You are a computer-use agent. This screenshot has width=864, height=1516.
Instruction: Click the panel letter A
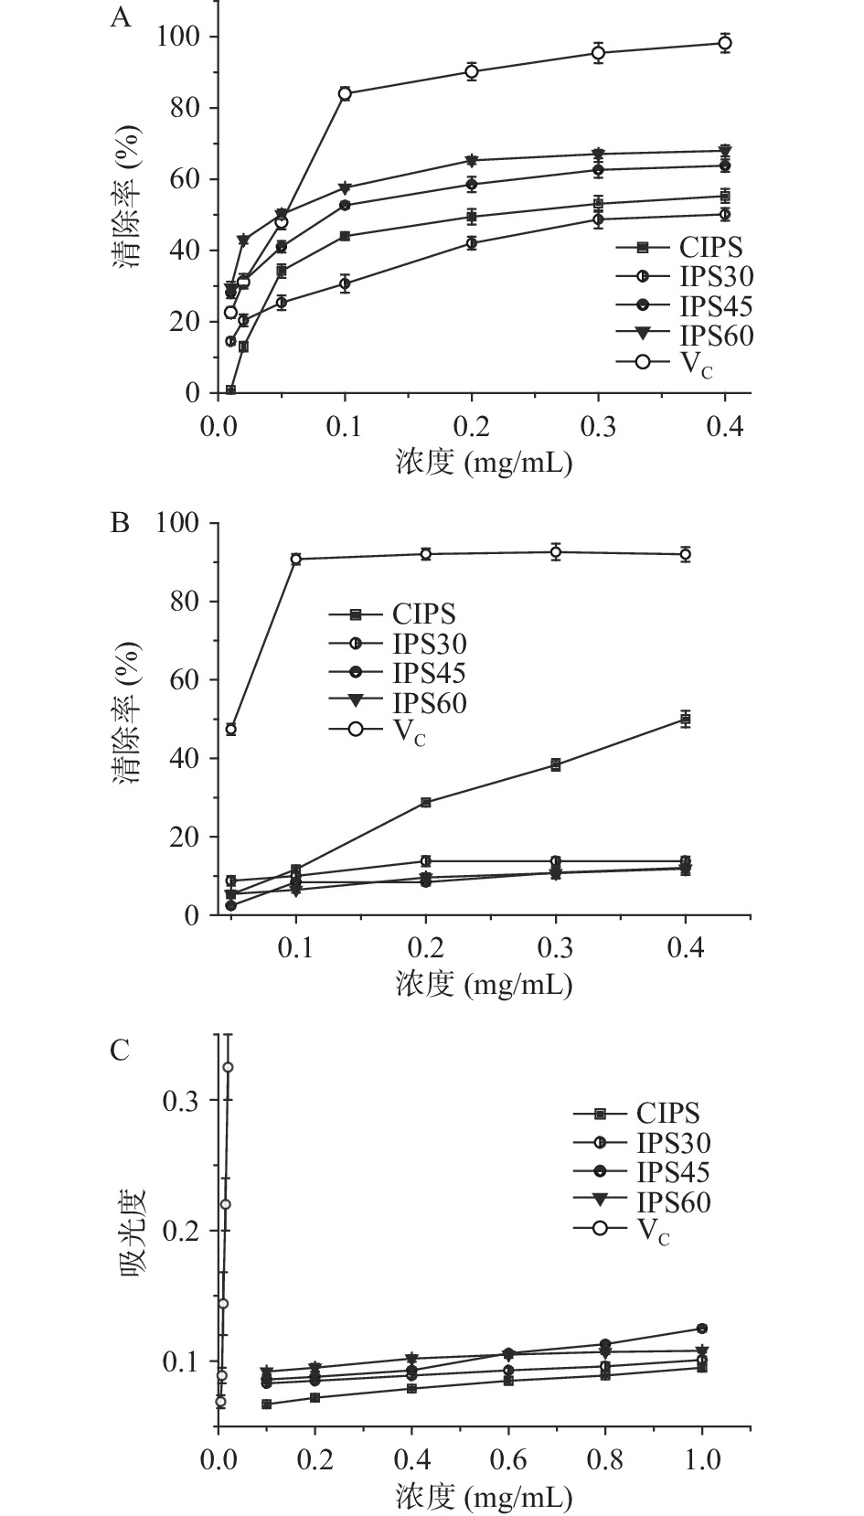point(121,18)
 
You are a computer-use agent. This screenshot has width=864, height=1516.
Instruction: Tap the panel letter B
point(120,524)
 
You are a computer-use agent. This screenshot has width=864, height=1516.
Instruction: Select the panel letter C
point(120,1050)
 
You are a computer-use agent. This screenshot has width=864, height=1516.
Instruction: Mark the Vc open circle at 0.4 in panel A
point(725,43)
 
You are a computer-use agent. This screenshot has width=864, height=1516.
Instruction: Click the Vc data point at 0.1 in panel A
point(345,93)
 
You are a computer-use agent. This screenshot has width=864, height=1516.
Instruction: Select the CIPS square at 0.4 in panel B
point(685,719)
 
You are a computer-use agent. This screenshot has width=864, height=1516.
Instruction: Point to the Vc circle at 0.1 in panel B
point(296,559)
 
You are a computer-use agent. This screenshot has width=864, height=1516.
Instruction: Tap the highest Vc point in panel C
point(228,1067)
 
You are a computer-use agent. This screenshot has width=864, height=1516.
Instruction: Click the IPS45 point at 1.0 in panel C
point(701,1328)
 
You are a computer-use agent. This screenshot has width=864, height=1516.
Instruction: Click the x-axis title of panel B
point(484,984)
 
